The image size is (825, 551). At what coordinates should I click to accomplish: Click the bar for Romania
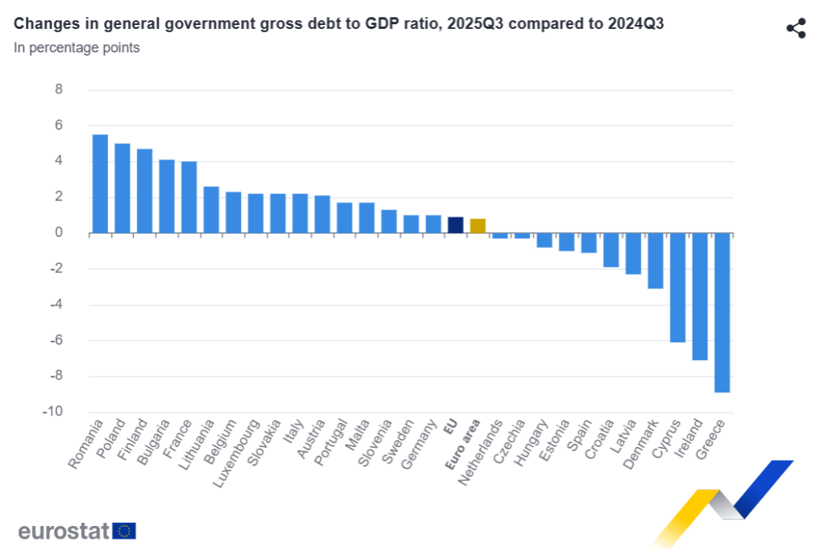[100, 184]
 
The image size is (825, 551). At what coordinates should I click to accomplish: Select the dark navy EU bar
[455, 225]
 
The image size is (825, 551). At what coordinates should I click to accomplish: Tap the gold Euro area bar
[478, 226]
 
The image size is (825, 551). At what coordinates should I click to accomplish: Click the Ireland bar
[699, 296]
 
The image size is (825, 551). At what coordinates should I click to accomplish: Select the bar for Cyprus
[678, 288]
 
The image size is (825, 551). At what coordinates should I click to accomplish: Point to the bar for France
[189, 197]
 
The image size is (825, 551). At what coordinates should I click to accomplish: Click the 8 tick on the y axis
[58, 89]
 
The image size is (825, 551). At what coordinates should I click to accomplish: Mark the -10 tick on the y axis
[54, 412]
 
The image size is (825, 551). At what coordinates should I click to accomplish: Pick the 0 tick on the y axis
[58, 233]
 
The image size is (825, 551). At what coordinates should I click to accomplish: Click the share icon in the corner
[796, 29]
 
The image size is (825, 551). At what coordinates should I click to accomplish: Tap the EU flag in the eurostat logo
[124, 530]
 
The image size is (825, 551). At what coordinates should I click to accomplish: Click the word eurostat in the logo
[64, 531]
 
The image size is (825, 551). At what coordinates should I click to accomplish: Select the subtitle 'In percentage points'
[77, 48]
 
